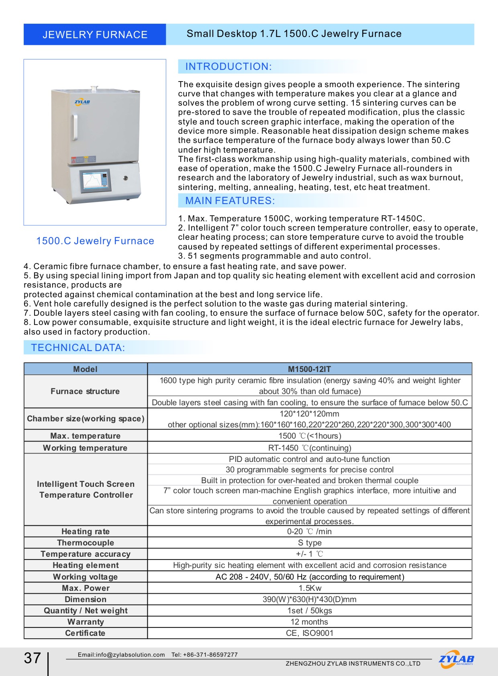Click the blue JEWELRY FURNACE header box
pos(95,35)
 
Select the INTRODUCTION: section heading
pos(229,67)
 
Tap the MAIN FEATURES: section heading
pos(230,201)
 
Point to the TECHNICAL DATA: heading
pos(78,348)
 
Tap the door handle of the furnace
pos(75,128)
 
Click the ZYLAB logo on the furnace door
pos(82,102)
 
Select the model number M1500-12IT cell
pos(309,369)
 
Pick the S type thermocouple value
pos(309,543)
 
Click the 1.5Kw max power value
pos(309,588)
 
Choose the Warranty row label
pos(86,622)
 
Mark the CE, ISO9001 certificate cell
pos(309,633)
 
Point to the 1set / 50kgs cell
pos(309,611)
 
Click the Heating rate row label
pos(86,531)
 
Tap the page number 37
pos(33,658)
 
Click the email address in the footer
pos(121,655)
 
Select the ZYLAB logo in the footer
pos(456,659)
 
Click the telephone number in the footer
pos(205,655)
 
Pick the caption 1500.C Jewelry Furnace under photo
pos(95,241)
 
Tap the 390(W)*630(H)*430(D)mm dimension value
pos(309,599)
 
